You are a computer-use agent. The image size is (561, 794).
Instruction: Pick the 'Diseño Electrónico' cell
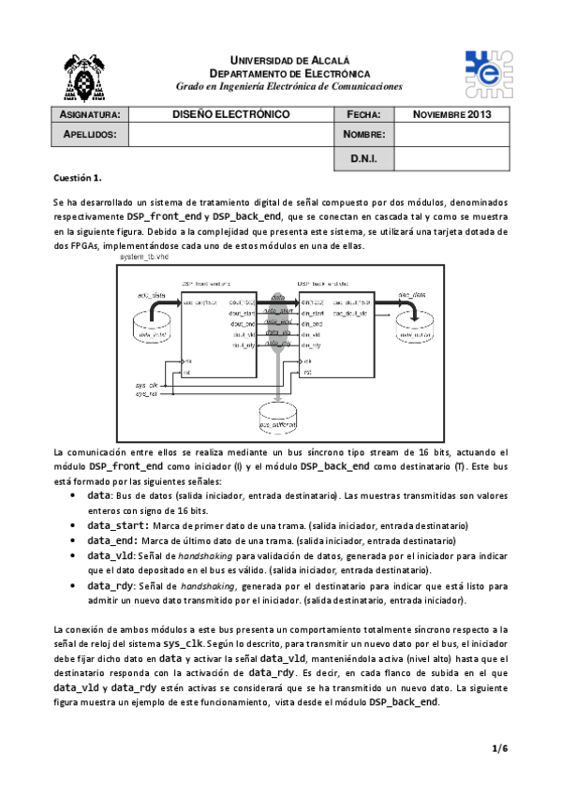pyautogui.click(x=230, y=114)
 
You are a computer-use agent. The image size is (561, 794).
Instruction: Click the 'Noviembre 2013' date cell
pyautogui.click(x=452, y=114)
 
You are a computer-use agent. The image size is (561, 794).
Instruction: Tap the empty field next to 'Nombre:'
pyautogui.click(x=452, y=135)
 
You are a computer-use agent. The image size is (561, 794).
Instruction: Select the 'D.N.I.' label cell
pyautogui.click(x=363, y=159)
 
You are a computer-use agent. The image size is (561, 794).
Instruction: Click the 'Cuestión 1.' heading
pyautogui.click(x=77, y=177)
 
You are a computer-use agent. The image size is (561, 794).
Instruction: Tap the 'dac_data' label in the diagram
pyautogui.click(x=412, y=295)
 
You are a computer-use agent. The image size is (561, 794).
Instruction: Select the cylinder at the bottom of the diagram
pyautogui.click(x=277, y=421)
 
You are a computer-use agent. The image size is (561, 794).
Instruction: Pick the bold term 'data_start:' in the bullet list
pyautogui.click(x=117, y=526)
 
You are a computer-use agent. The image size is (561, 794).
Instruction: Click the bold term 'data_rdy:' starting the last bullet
pyautogui.click(x=113, y=586)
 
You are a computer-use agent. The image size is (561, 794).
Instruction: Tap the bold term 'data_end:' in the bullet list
pyautogui.click(x=113, y=541)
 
